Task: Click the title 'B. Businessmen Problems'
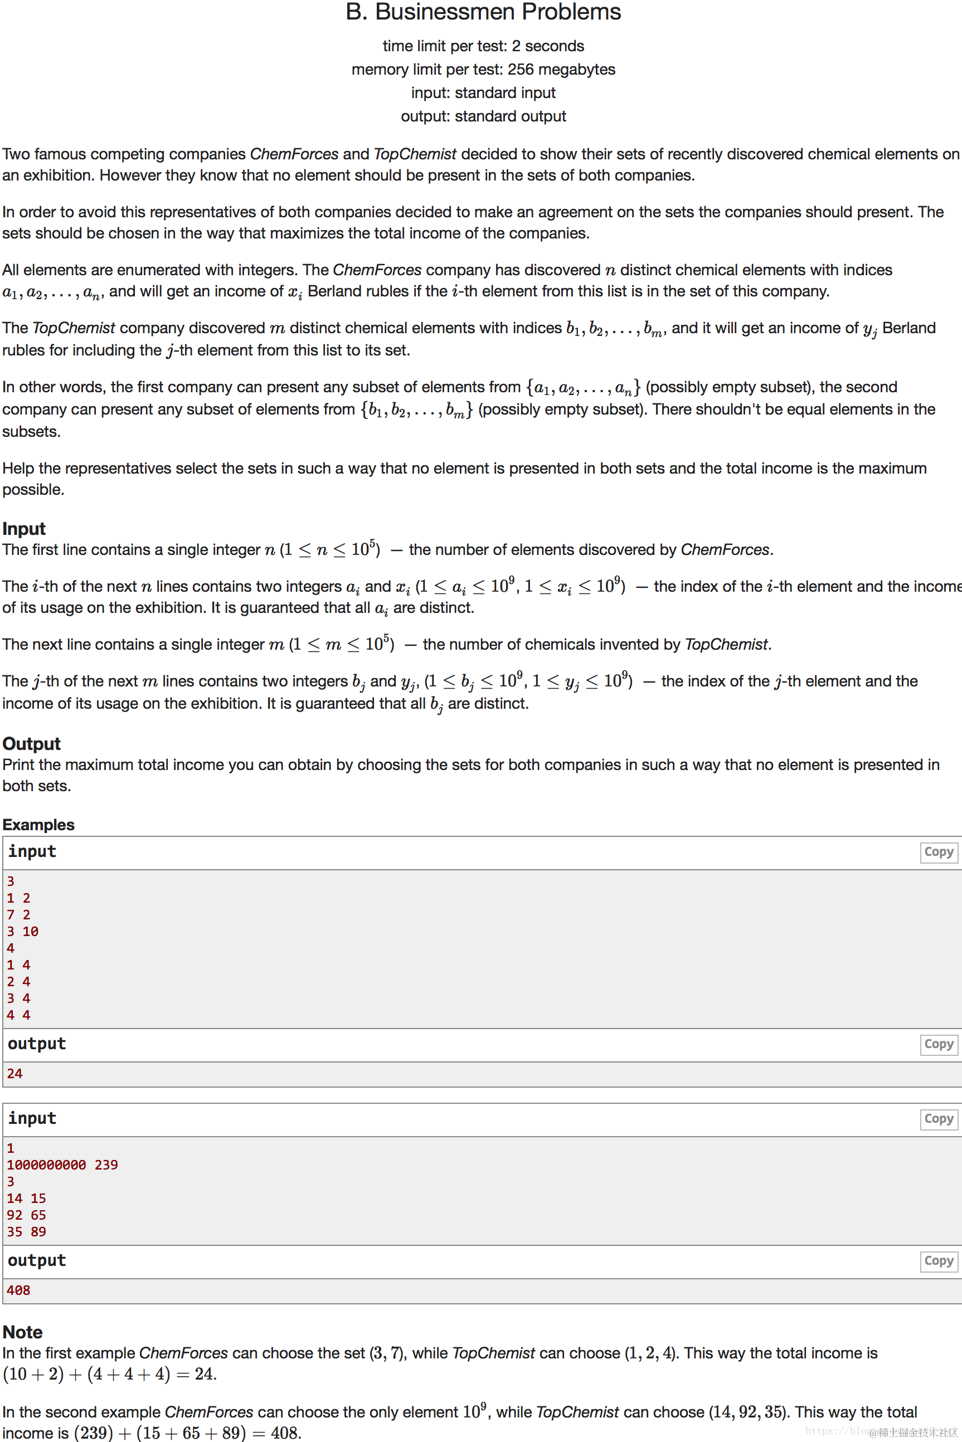483,12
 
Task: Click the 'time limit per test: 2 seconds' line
483,46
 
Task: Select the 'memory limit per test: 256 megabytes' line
483,69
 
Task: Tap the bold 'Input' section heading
24,528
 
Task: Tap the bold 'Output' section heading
31,743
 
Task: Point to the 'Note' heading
22,1332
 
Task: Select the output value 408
18,1290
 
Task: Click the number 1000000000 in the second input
47,1165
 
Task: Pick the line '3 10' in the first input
23,931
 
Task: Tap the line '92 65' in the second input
26,1215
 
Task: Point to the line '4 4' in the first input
18,1015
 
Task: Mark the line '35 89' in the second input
26,1231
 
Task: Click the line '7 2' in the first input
18,914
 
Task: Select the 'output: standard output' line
483,116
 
